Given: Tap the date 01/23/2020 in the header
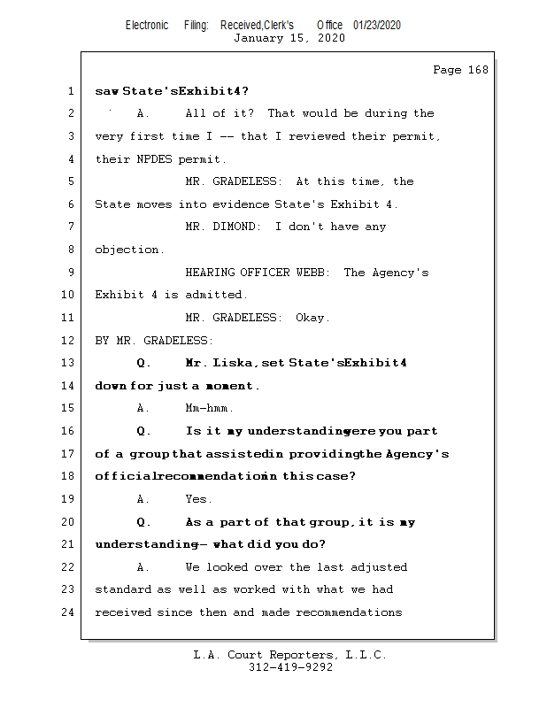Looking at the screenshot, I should pyautogui.click(x=376, y=26).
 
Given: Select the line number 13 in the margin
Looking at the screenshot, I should pyautogui.click(x=70, y=363).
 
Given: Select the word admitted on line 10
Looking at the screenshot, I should pyautogui.click(x=216, y=295).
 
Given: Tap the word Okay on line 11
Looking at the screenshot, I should pyautogui.click(x=312, y=318).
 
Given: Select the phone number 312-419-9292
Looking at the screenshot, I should pyautogui.click(x=290, y=668).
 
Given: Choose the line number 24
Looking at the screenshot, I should pyautogui.click(x=70, y=612).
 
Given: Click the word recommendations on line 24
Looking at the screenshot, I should pyautogui.click(x=349, y=612).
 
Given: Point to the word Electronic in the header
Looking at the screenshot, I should pyautogui.click(x=147, y=26).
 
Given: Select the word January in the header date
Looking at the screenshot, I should pyautogui.click(x=258, y=38).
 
